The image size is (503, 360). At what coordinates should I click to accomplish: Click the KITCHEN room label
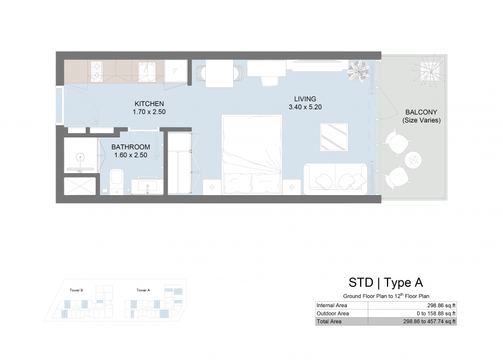(149, 104)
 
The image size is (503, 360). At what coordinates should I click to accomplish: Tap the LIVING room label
(305, 99)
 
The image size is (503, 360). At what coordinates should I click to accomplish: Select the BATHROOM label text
(131, 147)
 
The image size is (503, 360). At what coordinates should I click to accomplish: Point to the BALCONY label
(421, 112)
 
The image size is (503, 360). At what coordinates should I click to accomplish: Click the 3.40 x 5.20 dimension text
(305, 107)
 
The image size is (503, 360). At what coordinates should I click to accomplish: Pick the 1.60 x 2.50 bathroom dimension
(131, 155)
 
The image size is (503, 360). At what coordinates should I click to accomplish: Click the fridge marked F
(175, 71)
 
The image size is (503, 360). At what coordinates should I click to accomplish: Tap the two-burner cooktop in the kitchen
(97, 71)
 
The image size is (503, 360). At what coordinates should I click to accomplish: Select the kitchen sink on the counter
(147, 72)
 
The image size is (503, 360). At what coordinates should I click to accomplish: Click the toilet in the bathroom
(117, 181)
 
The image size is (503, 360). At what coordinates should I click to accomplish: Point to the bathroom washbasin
(147, 187)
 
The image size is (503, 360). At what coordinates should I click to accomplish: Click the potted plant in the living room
(358, 71)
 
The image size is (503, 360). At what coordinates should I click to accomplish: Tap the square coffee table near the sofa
(334, 137)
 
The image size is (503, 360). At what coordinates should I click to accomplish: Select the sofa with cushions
(335, 179)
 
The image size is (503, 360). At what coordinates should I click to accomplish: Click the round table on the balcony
(413, 159)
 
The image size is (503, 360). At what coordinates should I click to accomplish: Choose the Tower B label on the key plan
(76, 290)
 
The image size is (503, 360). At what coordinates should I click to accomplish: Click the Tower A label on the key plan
(143, 290)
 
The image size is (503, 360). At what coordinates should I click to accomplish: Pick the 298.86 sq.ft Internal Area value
(441, 306)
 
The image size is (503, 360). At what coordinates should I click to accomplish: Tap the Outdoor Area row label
(333, 313)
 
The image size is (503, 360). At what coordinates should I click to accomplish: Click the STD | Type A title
(386, 283)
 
